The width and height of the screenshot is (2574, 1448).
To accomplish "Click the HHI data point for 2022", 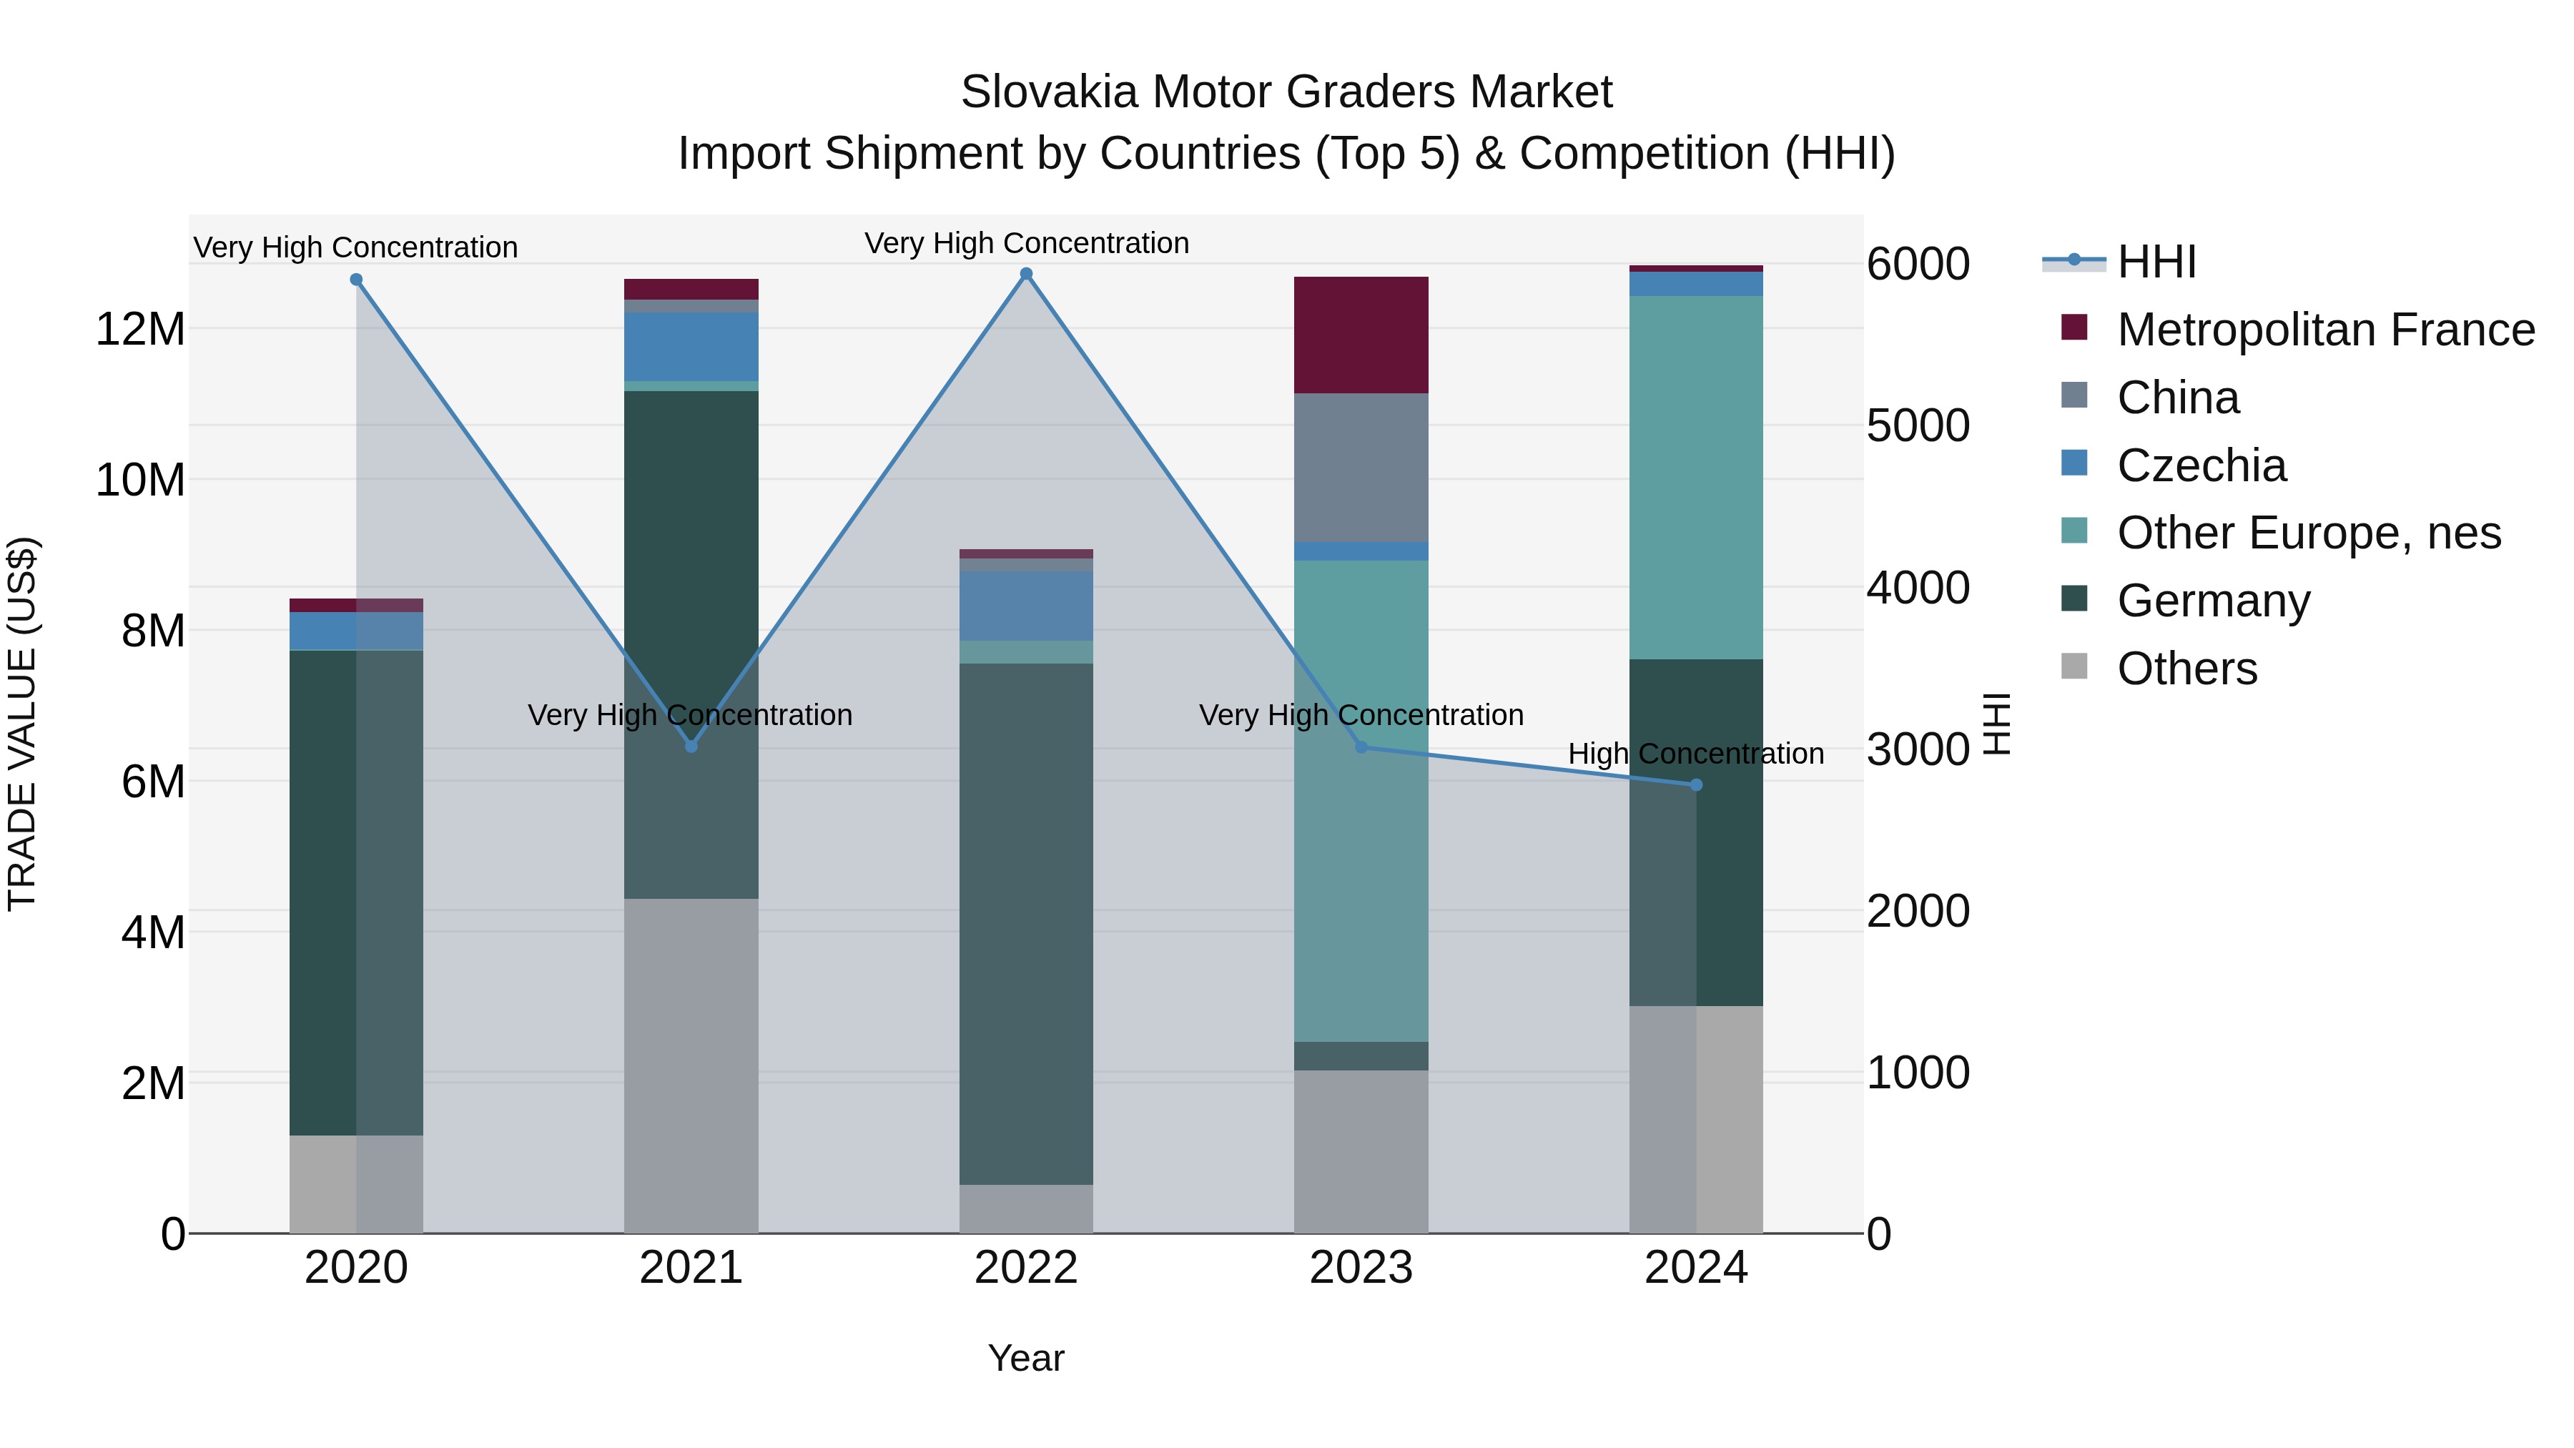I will (x=1026, y=274).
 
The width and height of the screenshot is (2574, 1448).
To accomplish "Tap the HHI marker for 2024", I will (x=1696, y=785).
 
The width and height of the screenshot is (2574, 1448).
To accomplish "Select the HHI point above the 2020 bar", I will (x=356, y=280).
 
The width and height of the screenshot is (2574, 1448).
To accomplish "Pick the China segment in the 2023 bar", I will (x=1361, y=468).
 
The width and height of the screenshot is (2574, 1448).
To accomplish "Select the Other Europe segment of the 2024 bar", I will (x=1696, y=478).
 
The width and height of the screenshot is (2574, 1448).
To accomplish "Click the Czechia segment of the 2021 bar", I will (x=691, y=347).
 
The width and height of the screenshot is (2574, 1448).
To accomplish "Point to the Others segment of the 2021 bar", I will (x=691, y=1065).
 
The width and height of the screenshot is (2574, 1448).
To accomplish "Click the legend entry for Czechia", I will (x=2201, y=466).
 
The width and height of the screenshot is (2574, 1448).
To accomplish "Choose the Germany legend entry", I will (x=2213, y=601).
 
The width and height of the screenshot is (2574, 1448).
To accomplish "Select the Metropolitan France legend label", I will (x=2325, y=330).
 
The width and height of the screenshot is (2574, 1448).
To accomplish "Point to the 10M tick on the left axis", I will (x=140, y=481).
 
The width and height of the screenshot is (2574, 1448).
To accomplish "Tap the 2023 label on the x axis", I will (x=1361, y=1268).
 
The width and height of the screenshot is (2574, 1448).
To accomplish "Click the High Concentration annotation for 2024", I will (x=1696, y=754).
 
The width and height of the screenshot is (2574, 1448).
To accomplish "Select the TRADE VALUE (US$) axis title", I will (x=23, y=724).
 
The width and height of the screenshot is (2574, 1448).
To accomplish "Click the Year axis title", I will (x=1026, y=1358).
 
